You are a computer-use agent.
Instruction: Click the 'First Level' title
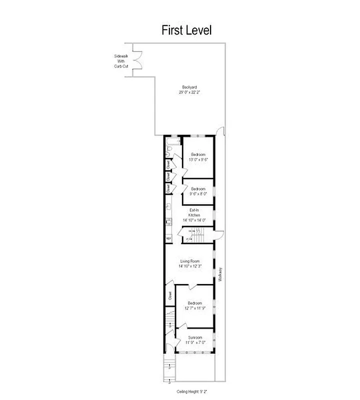(x=186, y=30)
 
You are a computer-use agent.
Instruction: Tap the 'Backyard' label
(x=189, y=87)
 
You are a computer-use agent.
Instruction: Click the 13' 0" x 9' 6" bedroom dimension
(x=197, y=159)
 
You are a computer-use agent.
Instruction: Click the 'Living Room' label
(x=190, y=261)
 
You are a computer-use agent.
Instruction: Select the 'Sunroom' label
(x=194, y=337)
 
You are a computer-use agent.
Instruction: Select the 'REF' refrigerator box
(x=168, y=238)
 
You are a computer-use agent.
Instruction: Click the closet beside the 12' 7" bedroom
(x=169, y=295)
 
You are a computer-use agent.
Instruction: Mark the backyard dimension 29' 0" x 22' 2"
(x=189, y=92)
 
